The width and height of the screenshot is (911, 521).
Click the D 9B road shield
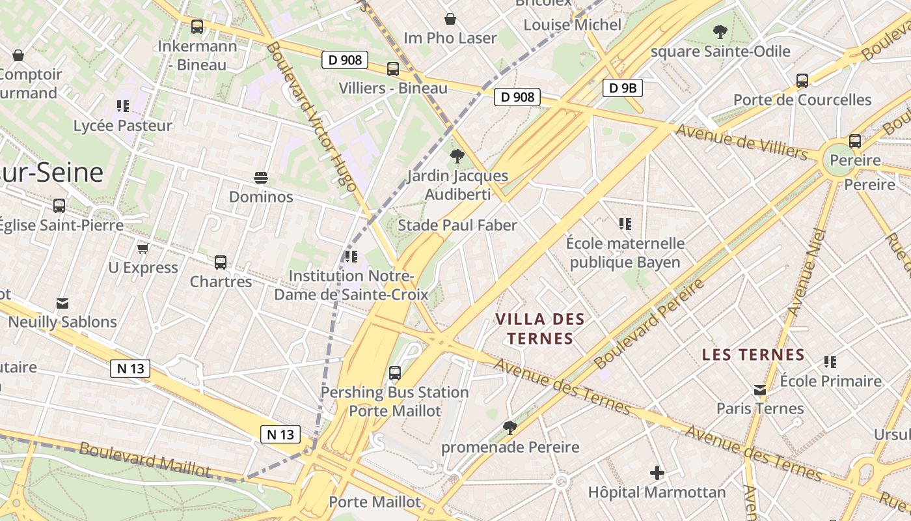[623, 88]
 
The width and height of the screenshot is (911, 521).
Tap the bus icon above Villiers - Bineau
[393, 69]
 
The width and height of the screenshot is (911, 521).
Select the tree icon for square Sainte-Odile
[720, 31]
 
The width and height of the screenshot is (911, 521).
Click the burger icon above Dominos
[261, 178]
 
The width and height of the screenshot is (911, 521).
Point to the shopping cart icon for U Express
[143, 248]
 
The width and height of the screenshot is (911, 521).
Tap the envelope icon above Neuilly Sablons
[62, 303]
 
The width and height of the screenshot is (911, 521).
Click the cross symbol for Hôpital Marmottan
[657, 472]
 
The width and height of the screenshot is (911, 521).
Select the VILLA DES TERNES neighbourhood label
[540, 329]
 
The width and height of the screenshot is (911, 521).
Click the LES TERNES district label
[753, 355]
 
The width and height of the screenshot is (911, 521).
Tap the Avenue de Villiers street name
[742, 142]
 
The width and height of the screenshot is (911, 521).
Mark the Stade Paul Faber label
[457, 225]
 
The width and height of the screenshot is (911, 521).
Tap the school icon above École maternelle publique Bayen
[625, 224]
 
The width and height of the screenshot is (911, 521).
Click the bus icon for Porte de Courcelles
[802, 81]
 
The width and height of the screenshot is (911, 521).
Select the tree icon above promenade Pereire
[510, 428]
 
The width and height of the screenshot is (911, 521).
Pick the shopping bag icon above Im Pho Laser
[450, 19]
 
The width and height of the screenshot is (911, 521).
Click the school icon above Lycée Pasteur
[123, 106]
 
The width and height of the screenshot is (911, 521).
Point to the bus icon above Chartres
[221, 262]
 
